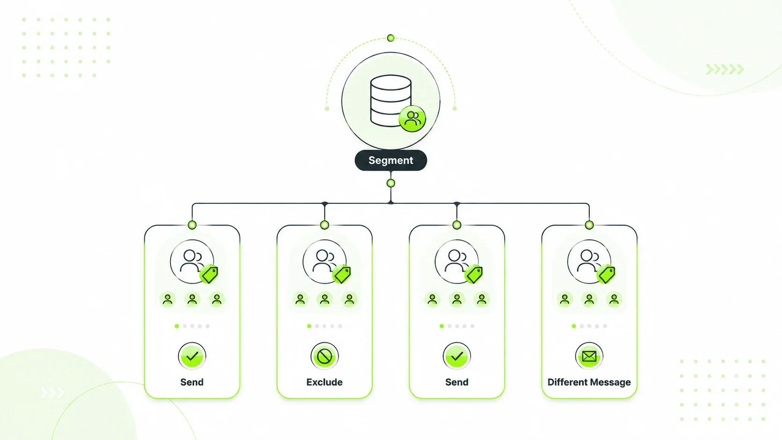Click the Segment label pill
tap(391, 160)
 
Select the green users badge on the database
tap(413, 119)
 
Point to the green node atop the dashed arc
tap(391, 38)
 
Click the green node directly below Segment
tap(391, 183)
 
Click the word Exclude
tap(324, 382)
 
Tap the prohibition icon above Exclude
tap(324, 356)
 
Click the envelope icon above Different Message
tap(589, 356)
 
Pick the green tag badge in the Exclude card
tap(342, 274)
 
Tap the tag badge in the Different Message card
tap(607, 274)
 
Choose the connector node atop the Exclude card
tap(324, 225)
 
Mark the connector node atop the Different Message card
tap(589, 225)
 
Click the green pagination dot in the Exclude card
tap(309, 326)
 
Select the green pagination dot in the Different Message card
tap(573, 326)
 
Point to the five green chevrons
tap(725, 69)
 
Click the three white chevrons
tap(52, 393)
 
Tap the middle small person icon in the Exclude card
tap(324, 299)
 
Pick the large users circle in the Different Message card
tap(589, 261)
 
